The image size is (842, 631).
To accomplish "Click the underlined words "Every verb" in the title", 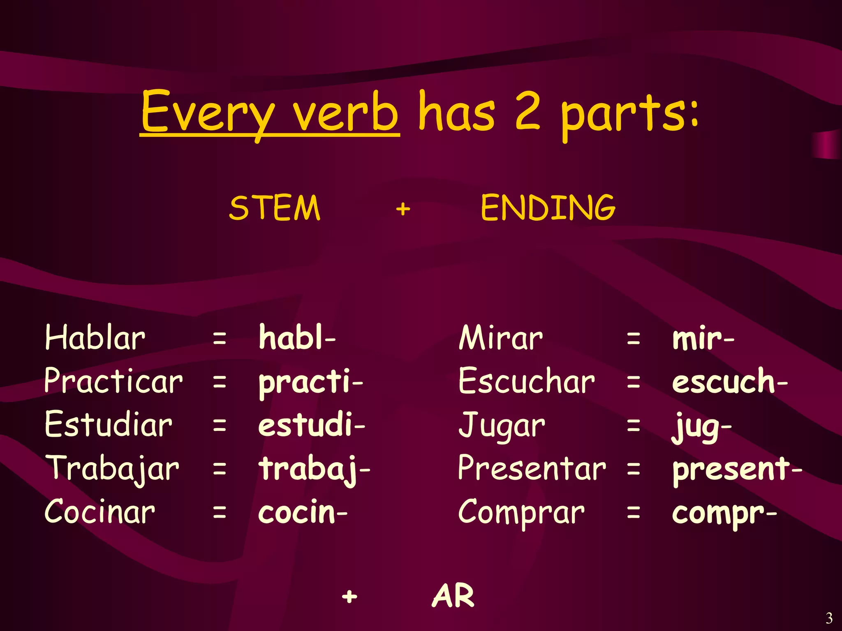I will click(269, 113).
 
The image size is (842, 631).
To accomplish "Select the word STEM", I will click(275, 208).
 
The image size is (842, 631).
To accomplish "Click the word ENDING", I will click(548, 208).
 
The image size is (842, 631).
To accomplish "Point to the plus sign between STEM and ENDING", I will click(403, 209).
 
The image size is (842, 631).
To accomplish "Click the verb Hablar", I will click(95, 338).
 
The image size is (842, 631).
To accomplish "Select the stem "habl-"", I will click(297, 338).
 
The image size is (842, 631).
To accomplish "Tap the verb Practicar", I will click(113, 381).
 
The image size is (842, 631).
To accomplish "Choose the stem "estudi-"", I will click(311, 425).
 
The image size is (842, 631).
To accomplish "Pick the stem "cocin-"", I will click(303, 512).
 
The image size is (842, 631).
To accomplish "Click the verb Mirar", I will click(501, 338).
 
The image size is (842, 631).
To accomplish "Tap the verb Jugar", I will click(502, 426).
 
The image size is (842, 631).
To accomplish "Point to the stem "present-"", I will click(737, 469).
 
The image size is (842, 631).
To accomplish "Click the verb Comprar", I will click(521, 513).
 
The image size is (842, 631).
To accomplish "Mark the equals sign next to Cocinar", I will click(220, 513).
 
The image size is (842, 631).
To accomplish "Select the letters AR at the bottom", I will click(453, 596).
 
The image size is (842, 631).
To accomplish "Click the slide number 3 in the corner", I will click(829, 618).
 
